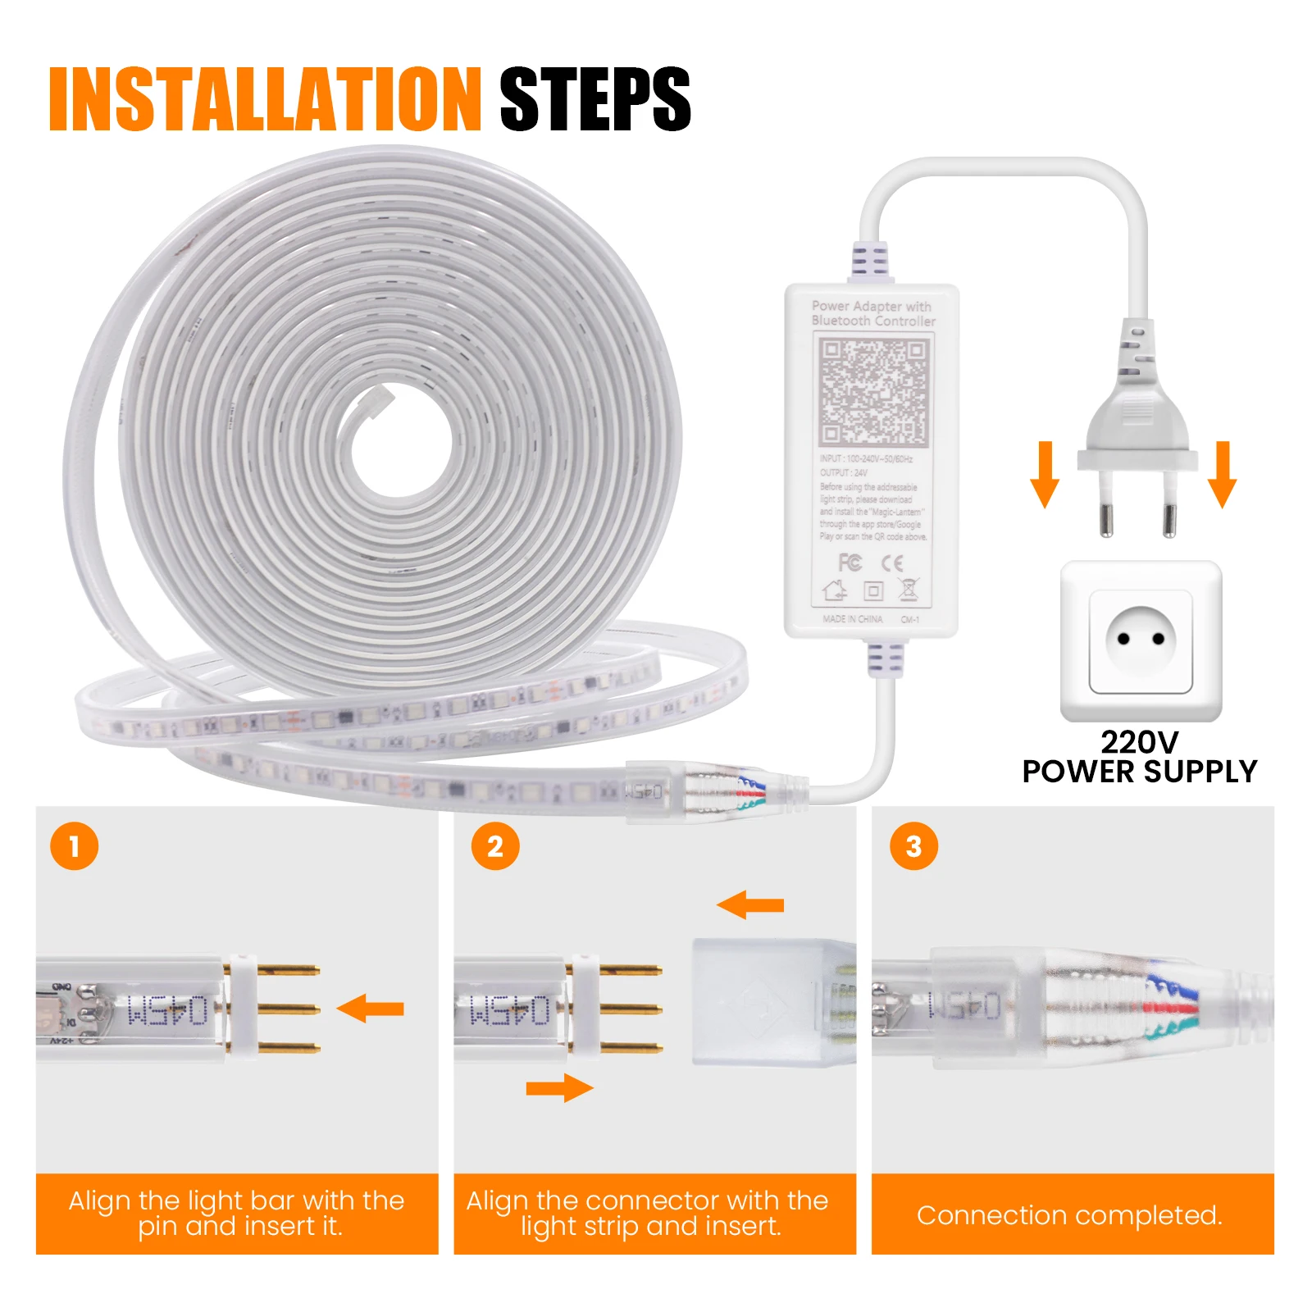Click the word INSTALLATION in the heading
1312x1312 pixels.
click(x=264, y=100)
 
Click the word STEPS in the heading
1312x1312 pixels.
click(x=594, y=100)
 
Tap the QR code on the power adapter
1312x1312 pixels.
click(x=873, y=392)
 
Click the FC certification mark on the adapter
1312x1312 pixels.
click(x=850, y=563)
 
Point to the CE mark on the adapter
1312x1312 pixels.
click(x=892, y=563)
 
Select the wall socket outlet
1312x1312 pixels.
click(x=1141, y=640)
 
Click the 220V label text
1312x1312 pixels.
click(x=1139, y=742)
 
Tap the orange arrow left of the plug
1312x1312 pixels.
click(x=1045, y=474)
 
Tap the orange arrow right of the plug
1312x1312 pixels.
click(x=1223, y=474)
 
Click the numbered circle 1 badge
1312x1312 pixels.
click(x=74, y=846)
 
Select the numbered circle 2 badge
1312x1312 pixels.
click(x=495, y=846)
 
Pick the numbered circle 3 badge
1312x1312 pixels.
click(x=913, y=846)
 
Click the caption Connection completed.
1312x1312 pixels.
click(x=1069, y=1214)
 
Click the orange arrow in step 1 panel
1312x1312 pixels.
click(x=371, y=1009)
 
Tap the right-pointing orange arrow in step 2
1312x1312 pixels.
click(x=559, y=1088)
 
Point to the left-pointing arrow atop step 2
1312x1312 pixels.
click(x=750, y=905)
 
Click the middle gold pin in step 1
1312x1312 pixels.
click(x=287, y=1009)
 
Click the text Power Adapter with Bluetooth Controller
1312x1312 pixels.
click(x=872, y=313)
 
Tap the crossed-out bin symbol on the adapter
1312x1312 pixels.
click(x=908, y=589)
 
